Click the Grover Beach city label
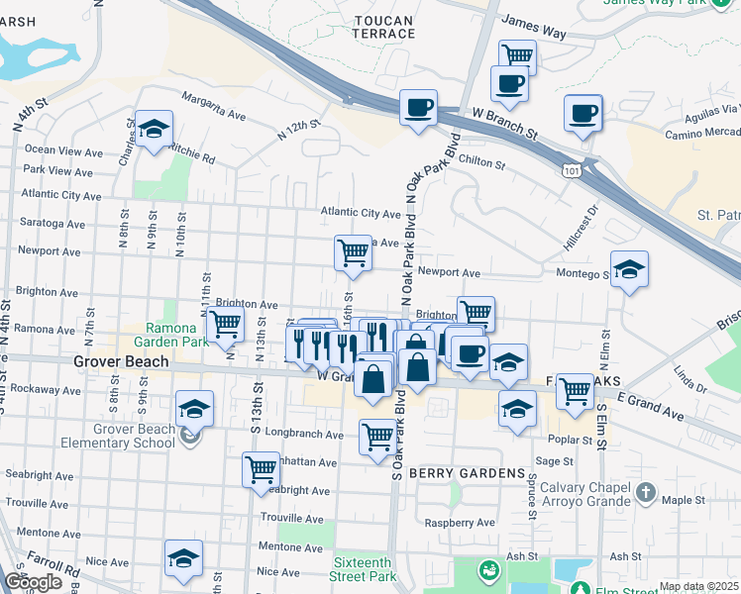120,362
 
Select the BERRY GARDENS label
467,473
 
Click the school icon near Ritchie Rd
154,129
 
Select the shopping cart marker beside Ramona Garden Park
225,323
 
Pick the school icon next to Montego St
628,269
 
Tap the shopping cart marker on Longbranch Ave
377,435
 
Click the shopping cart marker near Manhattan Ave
261,467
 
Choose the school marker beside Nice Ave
183,559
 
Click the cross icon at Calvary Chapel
645,491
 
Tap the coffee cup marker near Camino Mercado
583,112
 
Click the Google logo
33,582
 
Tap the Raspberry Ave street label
459,523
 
